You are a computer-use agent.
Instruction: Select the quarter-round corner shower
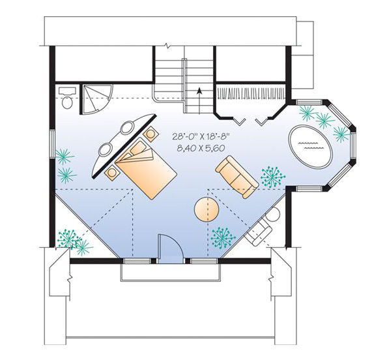coord(95,98)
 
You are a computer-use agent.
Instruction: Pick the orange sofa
coord(236,177)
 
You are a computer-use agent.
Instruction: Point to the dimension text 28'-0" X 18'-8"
coord(201,136)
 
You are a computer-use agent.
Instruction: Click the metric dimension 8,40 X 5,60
coord(201,149)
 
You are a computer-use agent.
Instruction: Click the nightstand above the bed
coord(150,134)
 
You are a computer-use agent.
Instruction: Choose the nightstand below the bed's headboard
coord(112,173)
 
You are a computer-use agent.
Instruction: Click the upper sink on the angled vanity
coord(128,128)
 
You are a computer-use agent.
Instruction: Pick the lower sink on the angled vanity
coord(106,149)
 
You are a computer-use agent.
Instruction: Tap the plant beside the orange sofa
coord(273,177)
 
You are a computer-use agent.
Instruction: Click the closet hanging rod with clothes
coord(251,93)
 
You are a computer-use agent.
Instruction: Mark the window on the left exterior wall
coord(52,144)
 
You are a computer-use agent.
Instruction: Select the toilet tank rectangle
coord(67,91)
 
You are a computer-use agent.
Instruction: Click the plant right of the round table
coord(223,238)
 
